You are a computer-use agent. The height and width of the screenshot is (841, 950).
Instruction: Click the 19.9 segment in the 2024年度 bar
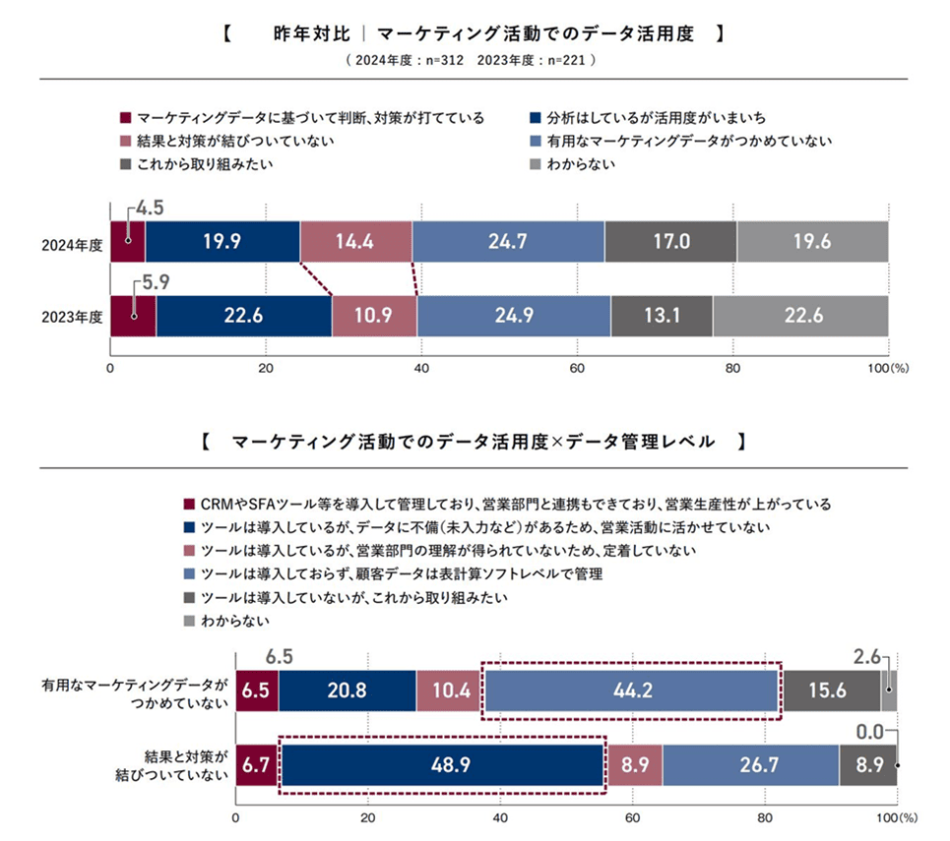click(x=222, y=242)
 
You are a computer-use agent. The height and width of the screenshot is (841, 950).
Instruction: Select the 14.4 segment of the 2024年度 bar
click(x=355, y=242)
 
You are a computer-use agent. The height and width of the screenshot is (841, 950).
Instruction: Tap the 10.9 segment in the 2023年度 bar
click(x=374, y=316)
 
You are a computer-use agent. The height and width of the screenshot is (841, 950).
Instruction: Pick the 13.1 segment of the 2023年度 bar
click(x=662, y=316)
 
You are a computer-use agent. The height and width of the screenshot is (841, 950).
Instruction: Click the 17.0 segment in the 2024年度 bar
click(x=670, y=242)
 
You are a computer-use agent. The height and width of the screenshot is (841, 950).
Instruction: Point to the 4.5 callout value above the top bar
click(x=151, y=208)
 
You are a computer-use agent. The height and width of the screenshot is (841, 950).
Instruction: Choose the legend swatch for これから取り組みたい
click(x=125, y=164)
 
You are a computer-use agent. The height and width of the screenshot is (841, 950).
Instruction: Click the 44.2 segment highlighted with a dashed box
click(x=632, y=691)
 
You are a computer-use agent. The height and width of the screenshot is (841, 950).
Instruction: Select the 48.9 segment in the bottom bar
click(x=441, y=764)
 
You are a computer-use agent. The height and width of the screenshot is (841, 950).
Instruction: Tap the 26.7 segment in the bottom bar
click(x=750, y=764)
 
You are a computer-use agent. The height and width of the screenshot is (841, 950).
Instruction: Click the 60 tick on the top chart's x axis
click(x=577, y=370)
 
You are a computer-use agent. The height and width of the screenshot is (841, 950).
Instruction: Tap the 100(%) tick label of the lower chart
click(x=894, y=817)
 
